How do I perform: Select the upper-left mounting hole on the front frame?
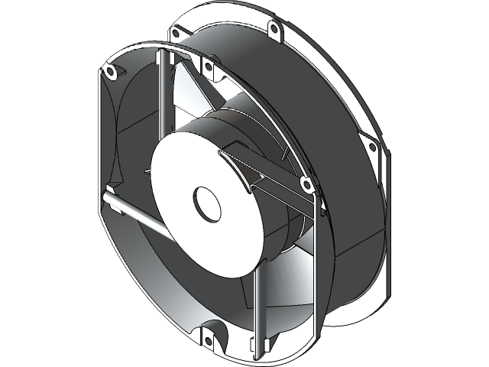pos(110,71)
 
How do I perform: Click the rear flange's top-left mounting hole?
pos(176,33)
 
